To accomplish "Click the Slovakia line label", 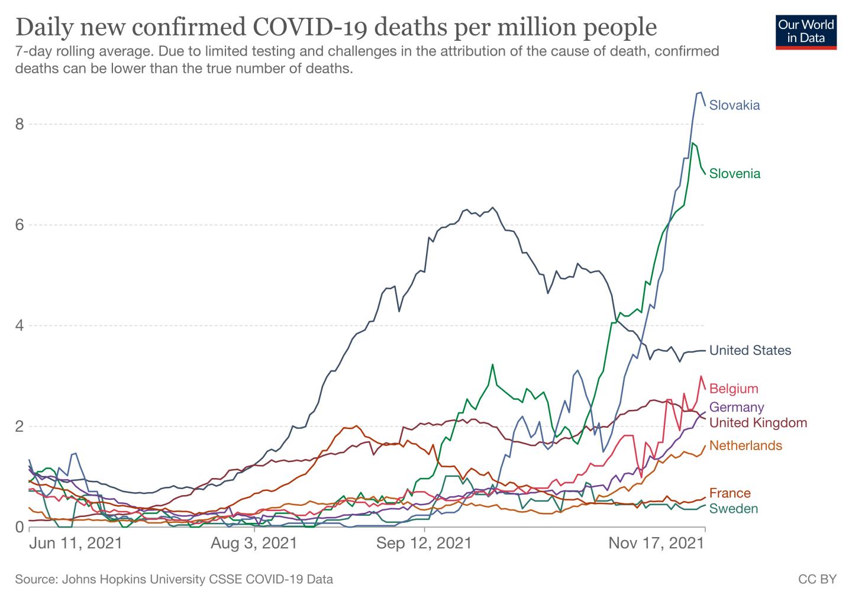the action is pos(734,105).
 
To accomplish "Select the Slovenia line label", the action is pos(735,173).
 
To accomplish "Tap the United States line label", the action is pos(750,350).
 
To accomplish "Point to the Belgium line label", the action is pos(734,389).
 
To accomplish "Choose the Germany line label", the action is pos(737,407).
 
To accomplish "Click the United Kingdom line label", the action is pos(758,422).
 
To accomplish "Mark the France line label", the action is pos(730,493).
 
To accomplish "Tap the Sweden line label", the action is pos(734,509).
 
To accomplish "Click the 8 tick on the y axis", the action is pos(20,124).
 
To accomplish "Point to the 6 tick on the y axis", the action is pos(20,225).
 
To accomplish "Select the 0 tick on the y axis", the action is pos(20,527).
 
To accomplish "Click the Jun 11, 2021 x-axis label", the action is pos(76,543).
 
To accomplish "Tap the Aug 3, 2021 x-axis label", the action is pos(254,543).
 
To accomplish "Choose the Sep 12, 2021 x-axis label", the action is pos(424,543).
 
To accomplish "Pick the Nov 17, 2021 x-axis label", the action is pos(657,543).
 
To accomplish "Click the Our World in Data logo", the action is pos(806,33).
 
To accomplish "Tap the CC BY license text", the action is pos(818,579).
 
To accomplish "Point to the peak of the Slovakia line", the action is pos(701,92).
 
